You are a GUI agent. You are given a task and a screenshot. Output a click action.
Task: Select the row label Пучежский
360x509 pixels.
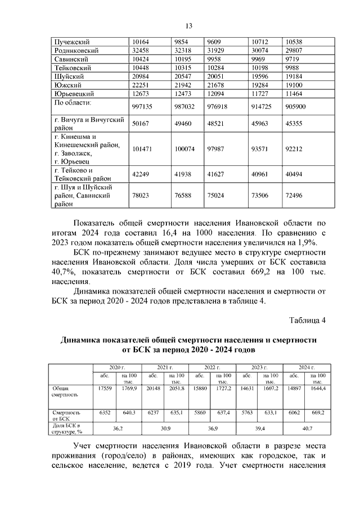[71, 42]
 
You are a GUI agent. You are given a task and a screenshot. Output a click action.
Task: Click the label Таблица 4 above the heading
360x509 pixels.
[307, 321]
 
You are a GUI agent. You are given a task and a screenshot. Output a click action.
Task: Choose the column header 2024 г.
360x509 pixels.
[307, 366]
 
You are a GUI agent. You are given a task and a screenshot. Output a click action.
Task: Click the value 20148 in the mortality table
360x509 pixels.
[152, 388]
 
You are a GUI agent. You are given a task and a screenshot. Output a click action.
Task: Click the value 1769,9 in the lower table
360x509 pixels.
[129, 388]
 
